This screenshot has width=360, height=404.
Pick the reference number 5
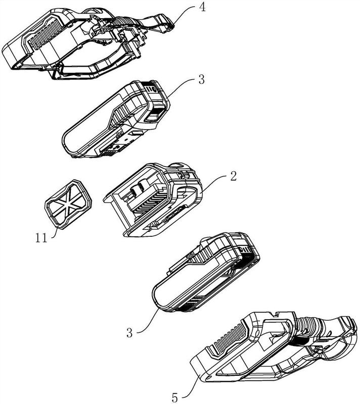pos(174,396)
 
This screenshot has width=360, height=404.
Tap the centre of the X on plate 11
pos(68,204)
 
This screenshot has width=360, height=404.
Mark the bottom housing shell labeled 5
pos(263,348)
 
